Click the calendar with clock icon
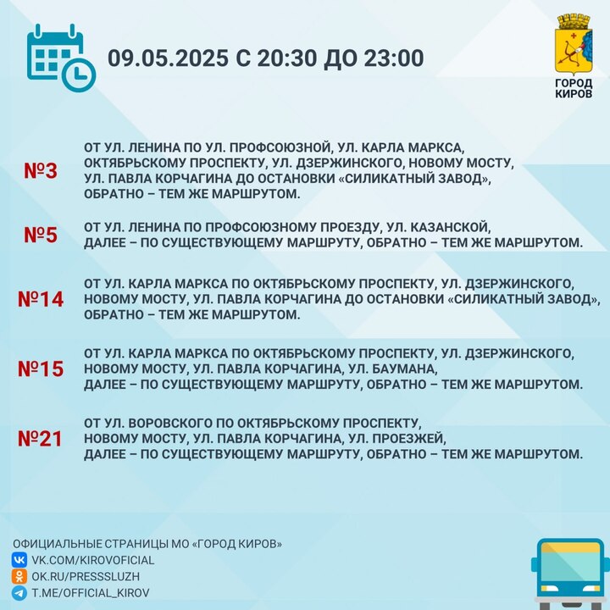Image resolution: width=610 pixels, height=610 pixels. point(61,58)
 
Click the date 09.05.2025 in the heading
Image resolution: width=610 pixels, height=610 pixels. point(168,58)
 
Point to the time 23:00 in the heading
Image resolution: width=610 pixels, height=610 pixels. point(394,58)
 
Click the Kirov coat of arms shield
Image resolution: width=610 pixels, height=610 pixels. point(574,45)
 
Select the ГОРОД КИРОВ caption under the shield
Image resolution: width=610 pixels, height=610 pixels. point(574,88)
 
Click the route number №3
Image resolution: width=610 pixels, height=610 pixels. point(41,171)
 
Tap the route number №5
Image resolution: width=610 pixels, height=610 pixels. point(41,235)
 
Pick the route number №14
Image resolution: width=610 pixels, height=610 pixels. point(41,299)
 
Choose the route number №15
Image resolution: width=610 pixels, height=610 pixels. point(41,369)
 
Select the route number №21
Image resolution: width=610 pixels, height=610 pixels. point(40,439)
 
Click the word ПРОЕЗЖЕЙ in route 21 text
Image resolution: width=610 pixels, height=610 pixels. point(409,439)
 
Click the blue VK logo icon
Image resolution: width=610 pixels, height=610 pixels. point(19,560)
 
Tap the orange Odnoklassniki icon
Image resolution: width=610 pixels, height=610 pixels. point(19,577)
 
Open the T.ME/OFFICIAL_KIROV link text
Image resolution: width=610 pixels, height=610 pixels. point(91,593)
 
